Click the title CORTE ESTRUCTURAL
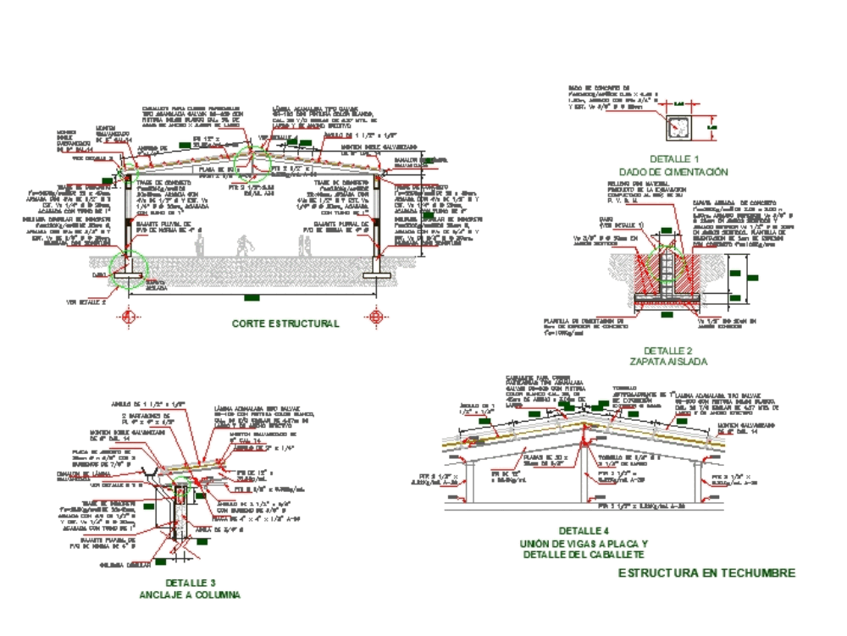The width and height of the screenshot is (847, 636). pyautogui.click(x=285, y=324)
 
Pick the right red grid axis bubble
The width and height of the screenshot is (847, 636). pyautogui.click(x=377, y=318)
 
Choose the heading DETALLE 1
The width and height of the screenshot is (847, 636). pyautogui.click(x=674, y=159)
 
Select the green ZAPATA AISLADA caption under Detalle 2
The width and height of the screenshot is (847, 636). pyautogui.click(x=674, y=362)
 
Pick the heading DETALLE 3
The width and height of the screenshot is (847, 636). pyautogui.click(x=191, y=583)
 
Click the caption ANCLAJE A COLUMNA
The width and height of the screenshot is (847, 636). pyautogui.click(x=190, y=595)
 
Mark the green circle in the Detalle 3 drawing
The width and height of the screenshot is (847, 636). pyautogui.click(x=180, y=484)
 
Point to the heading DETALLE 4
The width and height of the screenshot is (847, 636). pyautogui.click(x=584, y=531)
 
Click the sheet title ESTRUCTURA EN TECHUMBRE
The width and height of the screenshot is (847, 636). pyautogui.click(x=706, y=573)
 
